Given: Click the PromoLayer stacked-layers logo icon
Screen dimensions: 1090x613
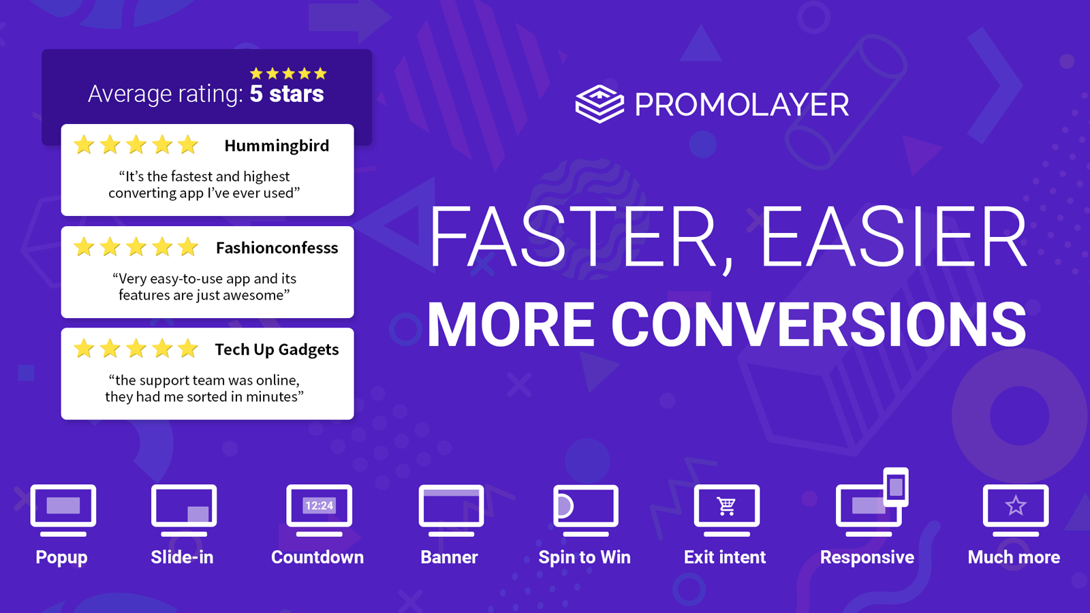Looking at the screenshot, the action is [599, 104].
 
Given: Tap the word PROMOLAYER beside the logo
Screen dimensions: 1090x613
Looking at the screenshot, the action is [742, 105].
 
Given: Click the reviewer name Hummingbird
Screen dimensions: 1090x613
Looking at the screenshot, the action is [277, 146].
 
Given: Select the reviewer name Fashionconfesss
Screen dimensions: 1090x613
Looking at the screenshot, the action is [277, 248].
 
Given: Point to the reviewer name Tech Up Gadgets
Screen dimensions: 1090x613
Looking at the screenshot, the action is [277, 349].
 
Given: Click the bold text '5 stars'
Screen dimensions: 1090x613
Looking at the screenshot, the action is [287, 93].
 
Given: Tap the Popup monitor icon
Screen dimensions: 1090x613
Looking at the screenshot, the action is [63, 510].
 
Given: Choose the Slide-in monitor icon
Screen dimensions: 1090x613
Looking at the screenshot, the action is [184, 510].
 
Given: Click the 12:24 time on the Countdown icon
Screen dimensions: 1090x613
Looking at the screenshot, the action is [320, 505].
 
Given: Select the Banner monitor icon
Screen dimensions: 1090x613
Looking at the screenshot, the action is [451, 510].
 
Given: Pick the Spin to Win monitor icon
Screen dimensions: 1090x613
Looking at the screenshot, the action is [586, 510].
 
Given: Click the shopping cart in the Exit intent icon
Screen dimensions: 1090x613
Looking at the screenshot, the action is [726, 506].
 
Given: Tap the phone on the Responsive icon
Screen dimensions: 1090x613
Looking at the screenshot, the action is [896, 487].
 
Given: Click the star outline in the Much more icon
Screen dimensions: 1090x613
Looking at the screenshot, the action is [1016, 505].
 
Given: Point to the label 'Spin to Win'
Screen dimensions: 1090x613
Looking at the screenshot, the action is [585, 557].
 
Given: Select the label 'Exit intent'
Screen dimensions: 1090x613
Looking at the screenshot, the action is [725, 557].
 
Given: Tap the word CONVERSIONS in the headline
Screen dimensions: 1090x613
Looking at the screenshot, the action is [818, 324].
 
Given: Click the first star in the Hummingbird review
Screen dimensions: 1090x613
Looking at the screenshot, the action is [84, 145].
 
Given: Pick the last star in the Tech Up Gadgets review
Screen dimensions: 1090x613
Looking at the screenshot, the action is [187, 348].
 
